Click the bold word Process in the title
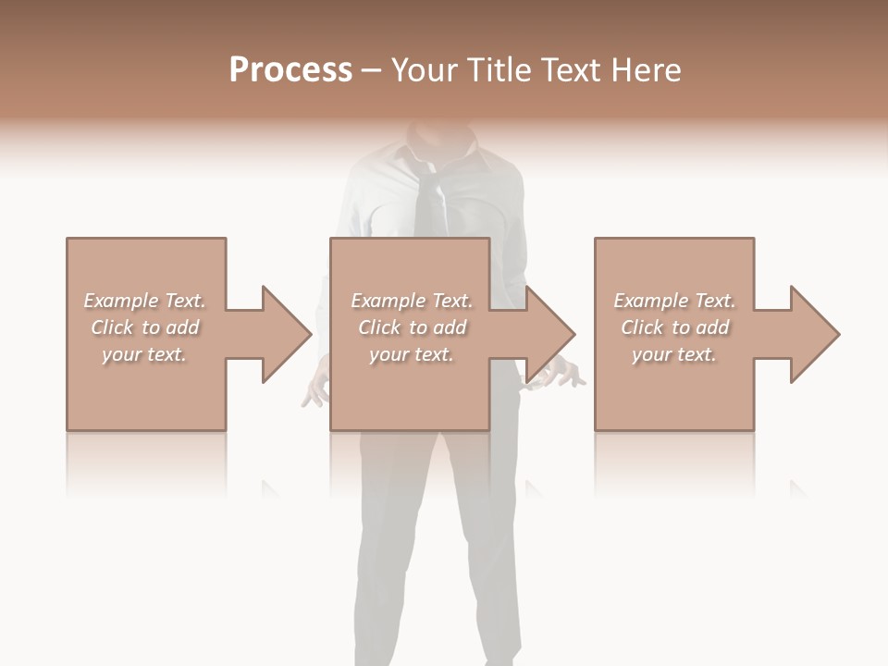coord(290,70)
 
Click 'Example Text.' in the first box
coord(144,301)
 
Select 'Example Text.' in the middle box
coord(412,301)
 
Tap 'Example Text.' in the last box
coord(674,301)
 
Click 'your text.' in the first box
coord(144,354)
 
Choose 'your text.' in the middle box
coord(412,354)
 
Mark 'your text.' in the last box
coord(674,354)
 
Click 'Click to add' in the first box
coord(144,327)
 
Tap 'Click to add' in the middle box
coord(412,327)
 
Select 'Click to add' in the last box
coord(674,327)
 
